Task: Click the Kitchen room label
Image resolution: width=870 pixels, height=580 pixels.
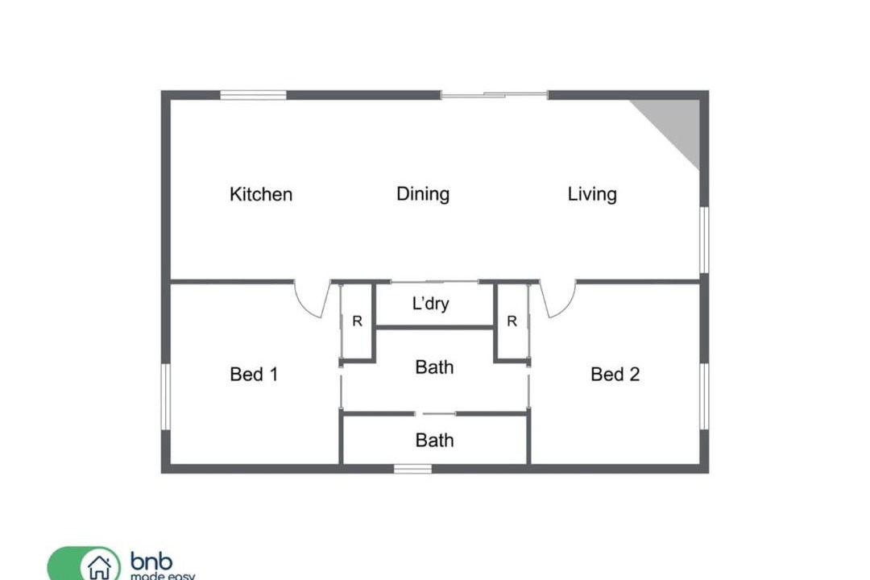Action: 261,194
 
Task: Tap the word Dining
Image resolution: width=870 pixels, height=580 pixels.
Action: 423,194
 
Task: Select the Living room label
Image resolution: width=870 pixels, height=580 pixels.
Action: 592,194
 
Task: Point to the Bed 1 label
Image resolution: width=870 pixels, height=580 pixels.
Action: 254,374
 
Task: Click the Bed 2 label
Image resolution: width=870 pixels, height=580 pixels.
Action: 615,374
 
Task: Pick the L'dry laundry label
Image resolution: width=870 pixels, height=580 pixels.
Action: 430,304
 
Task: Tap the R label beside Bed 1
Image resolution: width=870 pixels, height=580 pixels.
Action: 358,321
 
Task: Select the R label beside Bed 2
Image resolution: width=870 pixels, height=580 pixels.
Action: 512,321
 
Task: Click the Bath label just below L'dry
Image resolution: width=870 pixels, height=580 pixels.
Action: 434,367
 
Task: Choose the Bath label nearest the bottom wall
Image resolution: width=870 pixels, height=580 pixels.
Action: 434,440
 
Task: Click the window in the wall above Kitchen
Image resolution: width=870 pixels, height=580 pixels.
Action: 253,96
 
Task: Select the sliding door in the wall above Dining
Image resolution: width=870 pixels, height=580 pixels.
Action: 495,96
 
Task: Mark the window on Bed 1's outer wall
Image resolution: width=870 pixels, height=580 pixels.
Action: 165,396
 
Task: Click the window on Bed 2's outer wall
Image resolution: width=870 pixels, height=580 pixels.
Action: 704,396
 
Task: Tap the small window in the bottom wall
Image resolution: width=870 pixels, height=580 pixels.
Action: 412,469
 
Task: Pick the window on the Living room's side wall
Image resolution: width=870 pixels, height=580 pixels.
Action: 704,240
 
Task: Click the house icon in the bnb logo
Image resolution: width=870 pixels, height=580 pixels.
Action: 100,567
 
